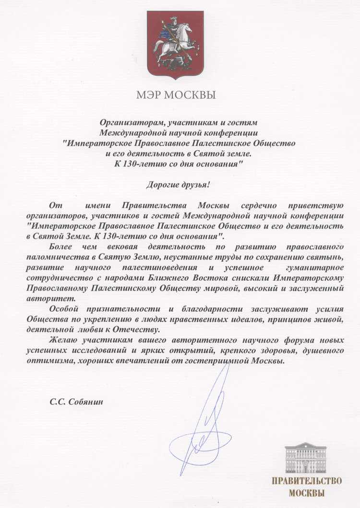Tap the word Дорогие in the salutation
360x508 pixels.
pos(162,184)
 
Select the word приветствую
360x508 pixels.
pos(317,205)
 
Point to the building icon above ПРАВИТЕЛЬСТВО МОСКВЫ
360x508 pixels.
pos(306,458)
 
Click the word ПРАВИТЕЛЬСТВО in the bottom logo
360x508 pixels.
pos(306,481)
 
